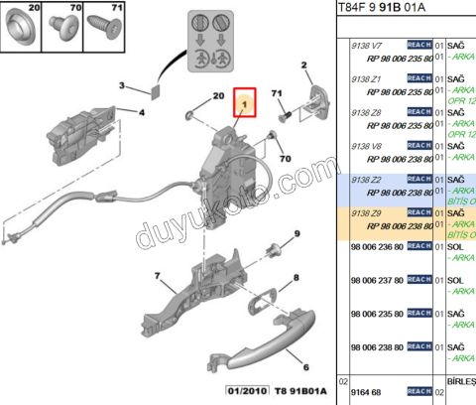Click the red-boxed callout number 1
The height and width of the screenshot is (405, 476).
[243, 102]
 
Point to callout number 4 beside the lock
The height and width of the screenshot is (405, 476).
[142, 113]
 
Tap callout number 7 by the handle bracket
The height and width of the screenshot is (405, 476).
[157, 274]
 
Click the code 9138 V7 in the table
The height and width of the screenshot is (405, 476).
[367, 46]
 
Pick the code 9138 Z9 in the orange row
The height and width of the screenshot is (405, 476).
[367, 212]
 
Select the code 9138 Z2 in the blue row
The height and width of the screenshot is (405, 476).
[367, 180]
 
